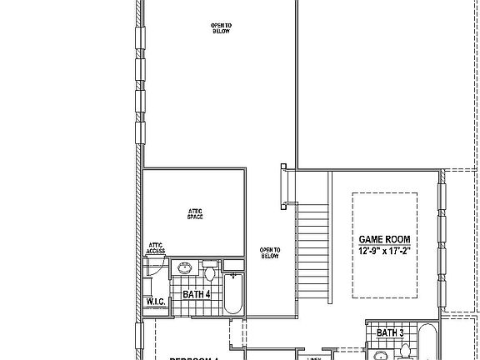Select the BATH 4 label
click(x=197, y=294)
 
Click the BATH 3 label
click(x=390, y=333)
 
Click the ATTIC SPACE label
click(x=196, y=214)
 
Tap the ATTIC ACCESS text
click(x=155, y=247)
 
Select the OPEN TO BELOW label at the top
click(x=221, y=29)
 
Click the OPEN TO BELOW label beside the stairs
click(x=269, y=252)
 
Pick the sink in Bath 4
click(x=184, y=269)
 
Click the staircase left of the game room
click(x=313, y=258)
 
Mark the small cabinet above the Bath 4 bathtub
click(x=233, y=265)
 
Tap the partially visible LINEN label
click(x=314, y=358)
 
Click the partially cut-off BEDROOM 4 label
click(x=193, y=357)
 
